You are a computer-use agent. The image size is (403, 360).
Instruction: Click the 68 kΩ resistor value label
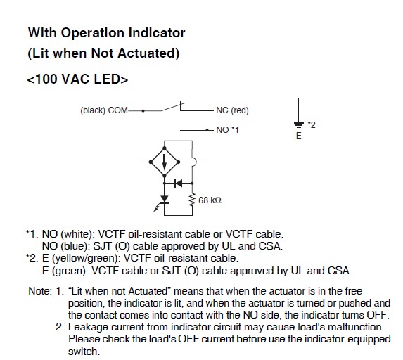[210, 200]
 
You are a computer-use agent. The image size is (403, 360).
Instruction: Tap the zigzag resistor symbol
[192, 200]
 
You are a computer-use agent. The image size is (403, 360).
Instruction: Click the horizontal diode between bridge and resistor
[178, 184]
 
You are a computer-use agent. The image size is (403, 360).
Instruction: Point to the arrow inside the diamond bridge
[165, 162]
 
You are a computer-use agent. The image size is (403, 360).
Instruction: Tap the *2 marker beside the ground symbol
[312, 125]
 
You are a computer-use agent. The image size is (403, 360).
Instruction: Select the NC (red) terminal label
[232, 110]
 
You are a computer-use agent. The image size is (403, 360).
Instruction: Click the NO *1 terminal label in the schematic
[227, 130]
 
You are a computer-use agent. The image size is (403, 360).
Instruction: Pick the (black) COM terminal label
[104, 110]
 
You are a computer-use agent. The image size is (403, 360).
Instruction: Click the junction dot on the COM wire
[143, 111]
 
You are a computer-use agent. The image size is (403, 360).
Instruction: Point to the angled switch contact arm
[172, 107]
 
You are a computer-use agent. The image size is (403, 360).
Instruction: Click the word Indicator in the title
[157, 33]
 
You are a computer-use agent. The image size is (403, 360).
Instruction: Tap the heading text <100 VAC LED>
[77, 79]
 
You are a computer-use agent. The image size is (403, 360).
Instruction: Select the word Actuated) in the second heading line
[148, 53]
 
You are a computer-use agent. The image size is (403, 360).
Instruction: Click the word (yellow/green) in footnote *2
[86, 258]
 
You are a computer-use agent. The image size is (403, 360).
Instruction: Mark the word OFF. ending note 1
[378, 315]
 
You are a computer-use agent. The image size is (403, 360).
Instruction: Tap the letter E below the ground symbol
[298, 136]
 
